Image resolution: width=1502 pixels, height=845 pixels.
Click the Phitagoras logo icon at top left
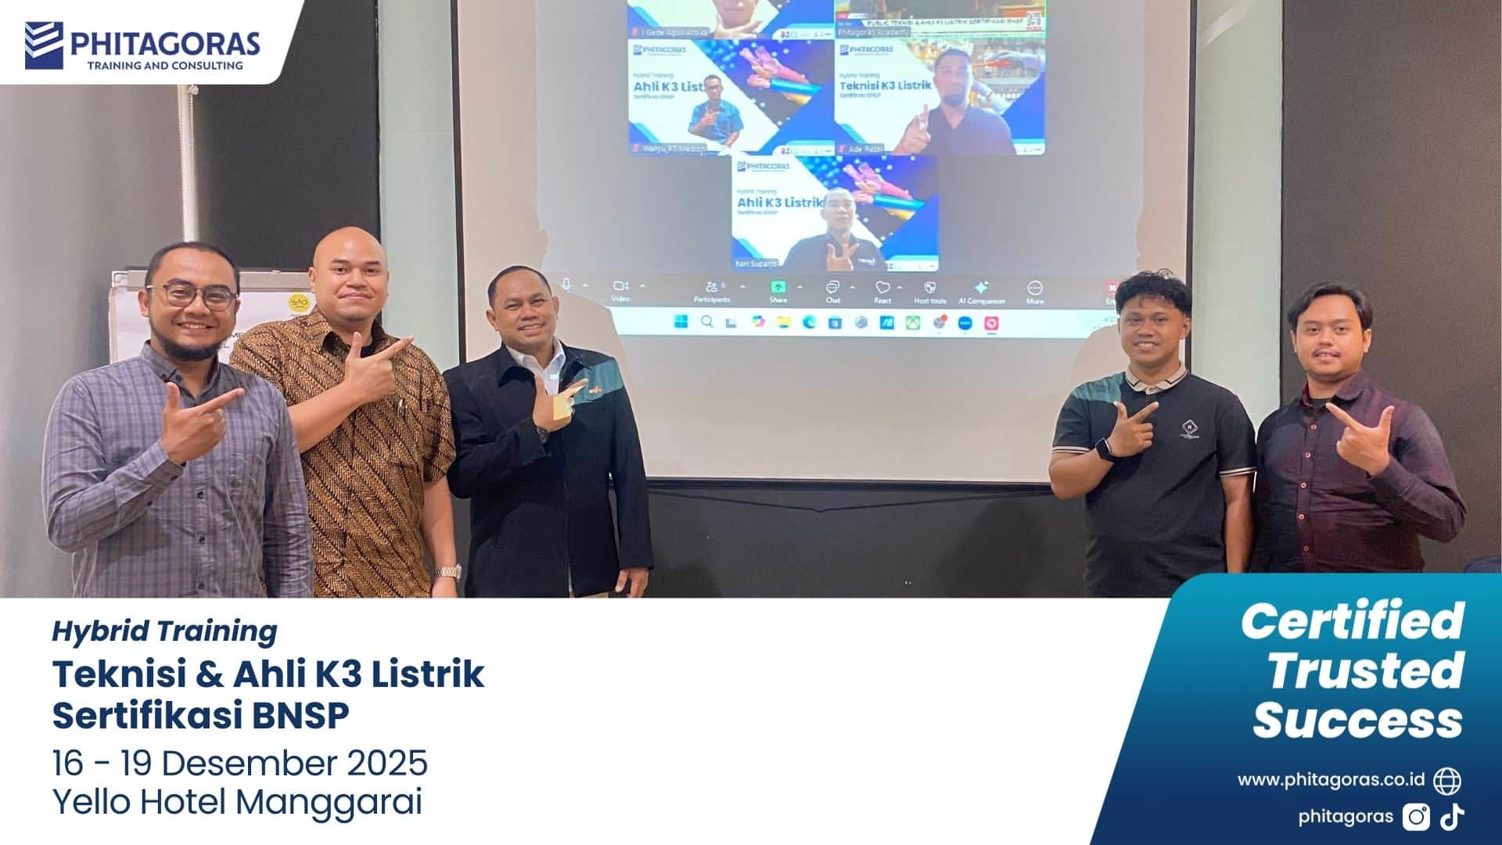(44, 45)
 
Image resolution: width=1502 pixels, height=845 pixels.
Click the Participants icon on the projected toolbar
(711, 289)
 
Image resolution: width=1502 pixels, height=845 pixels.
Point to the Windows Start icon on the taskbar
(681, 322)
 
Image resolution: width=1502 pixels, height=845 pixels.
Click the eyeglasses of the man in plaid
(192, 296)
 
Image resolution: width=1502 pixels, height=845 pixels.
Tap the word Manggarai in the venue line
(329, 802)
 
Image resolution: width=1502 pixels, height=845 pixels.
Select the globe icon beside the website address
(1447, 780)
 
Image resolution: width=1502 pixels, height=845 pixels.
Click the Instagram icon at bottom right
(1416, 817)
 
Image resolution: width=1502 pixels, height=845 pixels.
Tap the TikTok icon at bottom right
(1453, 817)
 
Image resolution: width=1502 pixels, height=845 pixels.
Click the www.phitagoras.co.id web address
(1331, 780)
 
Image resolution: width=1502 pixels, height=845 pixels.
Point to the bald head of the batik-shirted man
(349, 249)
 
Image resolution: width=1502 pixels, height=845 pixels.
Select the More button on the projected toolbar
(1034, 289)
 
